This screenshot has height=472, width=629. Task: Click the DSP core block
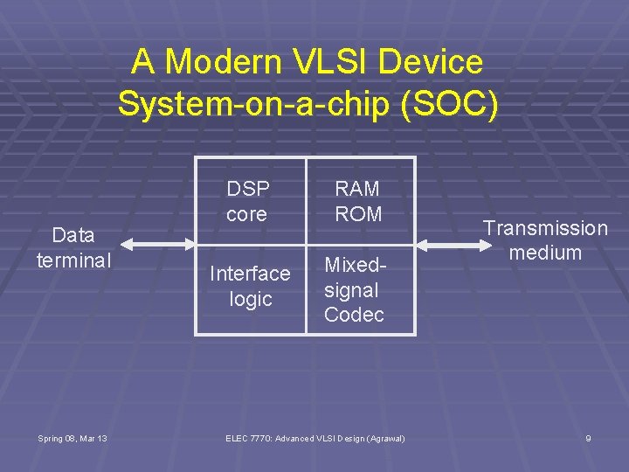pyautogui.click(x=250, y=202)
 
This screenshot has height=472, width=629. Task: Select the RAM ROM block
pyautogui.click(x=359, y=202)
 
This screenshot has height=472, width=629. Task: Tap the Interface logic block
pyautogui.click(x=250, y=287)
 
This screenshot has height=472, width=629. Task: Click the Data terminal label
pyautogui.click(x=73, y=248)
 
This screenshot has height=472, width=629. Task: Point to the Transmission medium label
pyautogui.click(x=545, y=240)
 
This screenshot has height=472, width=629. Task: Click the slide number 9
pyautogui.click(x=588, y=438)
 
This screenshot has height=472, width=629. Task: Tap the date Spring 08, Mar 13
pyautogui.click(x=73, y=438)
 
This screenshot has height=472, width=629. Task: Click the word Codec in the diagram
pyautogui.click(x=354, y=315)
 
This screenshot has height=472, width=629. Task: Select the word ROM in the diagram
pyautogui.click(x=359, y=213)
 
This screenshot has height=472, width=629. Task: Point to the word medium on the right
pyautogui.click(x=545, y=253)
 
